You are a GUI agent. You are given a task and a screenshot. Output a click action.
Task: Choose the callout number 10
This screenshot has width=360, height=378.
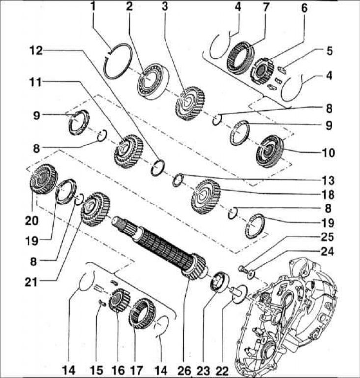pyautogui.click(x=329, y=153)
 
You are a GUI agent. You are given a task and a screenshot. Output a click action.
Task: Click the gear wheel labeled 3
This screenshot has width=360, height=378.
pyautogui.click(x=187, y=103)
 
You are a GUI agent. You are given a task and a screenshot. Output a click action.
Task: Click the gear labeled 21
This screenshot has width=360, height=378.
pyautogui.click(x=94, y=208)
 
